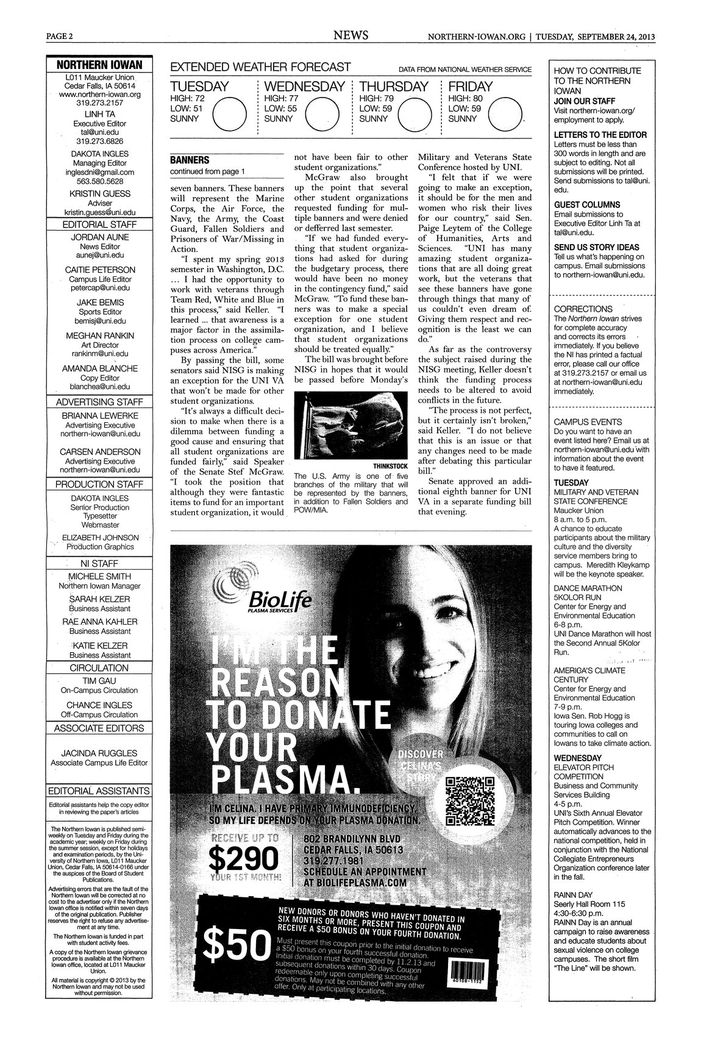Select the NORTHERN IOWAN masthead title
coord(99,65)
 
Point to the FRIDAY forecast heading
coord(471,87)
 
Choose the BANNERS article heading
coord(189,160)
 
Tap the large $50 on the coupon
coord(238,949)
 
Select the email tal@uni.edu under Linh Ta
coord(99,131)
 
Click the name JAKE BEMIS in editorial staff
coord(100,303)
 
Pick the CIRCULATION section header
coord(99,668)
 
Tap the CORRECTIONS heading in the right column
coord(583,309)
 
